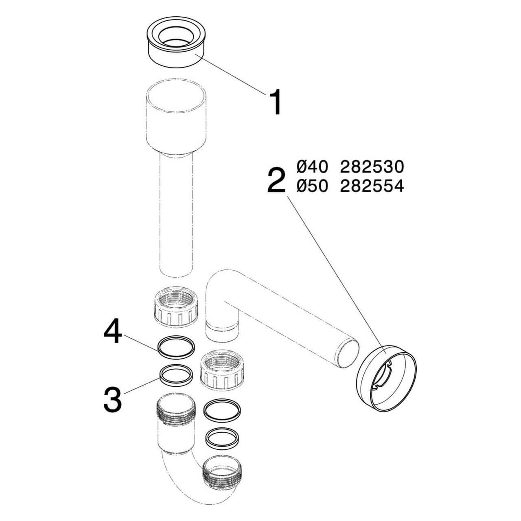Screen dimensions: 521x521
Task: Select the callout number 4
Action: pyautogui.click(x=112, y=334)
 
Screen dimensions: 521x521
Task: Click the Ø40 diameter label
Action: pyautogui.click(x=313, y=166)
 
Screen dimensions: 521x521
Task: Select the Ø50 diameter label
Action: pyautogui.click(x=313, y=186)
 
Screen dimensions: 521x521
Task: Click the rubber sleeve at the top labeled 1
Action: pyautogui.click(x=175, y=44)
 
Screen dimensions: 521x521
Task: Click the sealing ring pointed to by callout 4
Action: pyautogui.click(x=175, y=347)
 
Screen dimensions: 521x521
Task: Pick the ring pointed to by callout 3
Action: pyautogui.click(x=175, y=374)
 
